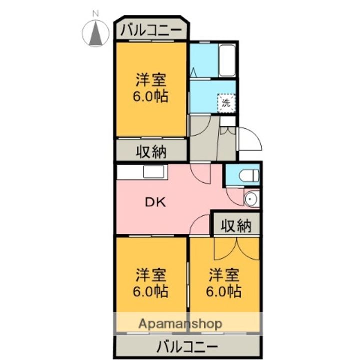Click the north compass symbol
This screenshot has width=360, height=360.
click(x=95, y=33)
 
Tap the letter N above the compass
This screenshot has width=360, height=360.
click(x=95, y=14)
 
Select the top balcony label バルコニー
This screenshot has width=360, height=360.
click(x=151, y=30)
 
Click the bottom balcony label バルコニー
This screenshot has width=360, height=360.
click(x=187, y=346)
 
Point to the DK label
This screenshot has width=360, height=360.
click(x=155, y=202)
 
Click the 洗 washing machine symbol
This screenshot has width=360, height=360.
click(x=226, y=103)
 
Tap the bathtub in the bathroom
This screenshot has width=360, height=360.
click(x=227, y=61)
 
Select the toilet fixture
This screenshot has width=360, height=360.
click(x=249, y=176)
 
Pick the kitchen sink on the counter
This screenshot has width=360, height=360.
click(x=154, y=171)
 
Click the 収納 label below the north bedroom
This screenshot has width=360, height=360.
click(x=151, y=151)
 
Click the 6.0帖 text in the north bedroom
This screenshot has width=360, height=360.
click(x=150, y=96)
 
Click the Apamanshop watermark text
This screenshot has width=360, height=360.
click(x=180, y=324)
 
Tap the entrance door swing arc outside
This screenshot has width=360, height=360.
click(x=255, y=137)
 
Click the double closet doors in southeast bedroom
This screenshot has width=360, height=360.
click(x=237, y=249)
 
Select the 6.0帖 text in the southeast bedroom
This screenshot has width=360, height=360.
click(x=223, y=291)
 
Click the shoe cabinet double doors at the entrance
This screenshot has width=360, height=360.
click(x=228, y=131)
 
